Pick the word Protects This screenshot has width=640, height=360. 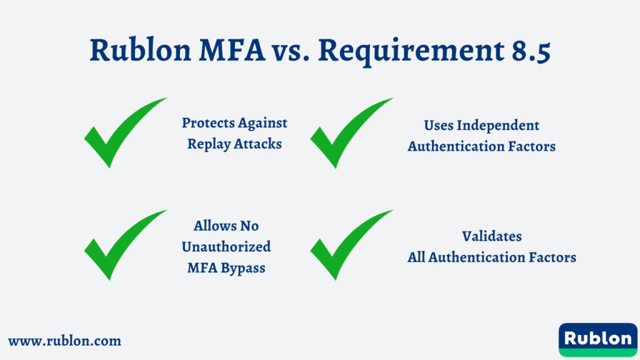206,123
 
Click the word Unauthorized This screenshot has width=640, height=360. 226,247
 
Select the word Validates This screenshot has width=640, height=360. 492,236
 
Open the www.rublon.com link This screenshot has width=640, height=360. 64,341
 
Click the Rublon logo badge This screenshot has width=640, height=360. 597,339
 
